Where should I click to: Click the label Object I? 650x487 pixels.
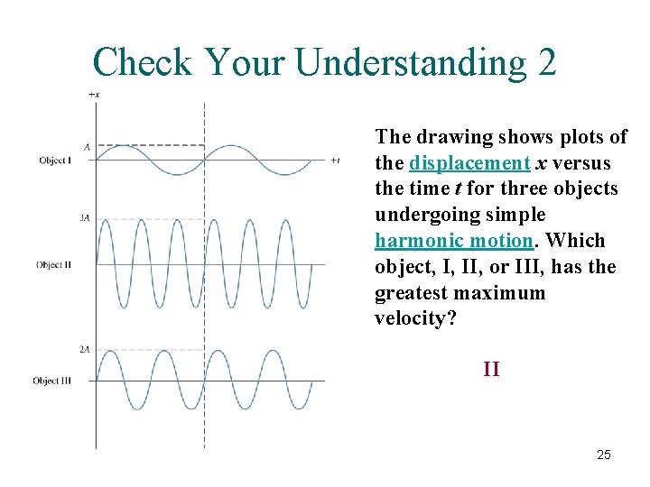coord(54,161)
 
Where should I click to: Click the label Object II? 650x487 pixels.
coord(53,264)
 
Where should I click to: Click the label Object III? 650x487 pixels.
coord(52,381)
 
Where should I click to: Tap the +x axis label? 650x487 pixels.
coord(94,94)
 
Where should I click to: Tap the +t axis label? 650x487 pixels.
coord(334,161)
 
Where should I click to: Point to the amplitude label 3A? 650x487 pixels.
coord(84,217)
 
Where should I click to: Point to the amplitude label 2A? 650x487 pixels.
coord(84,349)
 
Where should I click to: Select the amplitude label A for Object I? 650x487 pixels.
coord(87,145)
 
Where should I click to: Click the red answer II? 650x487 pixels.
coord(491,369)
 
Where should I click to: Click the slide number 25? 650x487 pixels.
coord(604,455)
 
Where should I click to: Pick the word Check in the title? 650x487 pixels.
coord(143,62)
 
